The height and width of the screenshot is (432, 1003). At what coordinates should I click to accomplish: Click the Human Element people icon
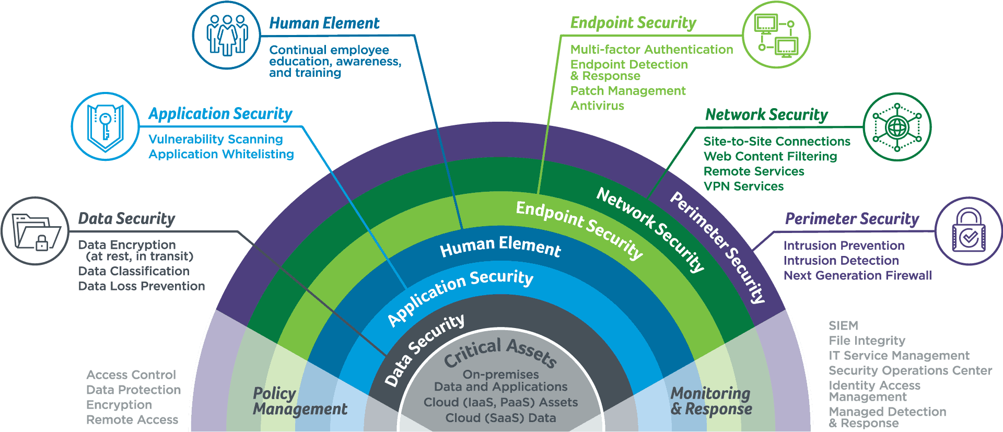pos(226,35)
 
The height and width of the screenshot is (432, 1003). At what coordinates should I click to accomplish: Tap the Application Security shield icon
pos(105,126)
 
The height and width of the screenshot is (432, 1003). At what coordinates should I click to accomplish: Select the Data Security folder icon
pos(35,231)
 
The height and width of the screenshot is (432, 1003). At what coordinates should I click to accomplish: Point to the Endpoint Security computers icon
pos(776,35)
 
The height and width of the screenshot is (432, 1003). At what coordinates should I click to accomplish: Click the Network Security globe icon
pos(897,127)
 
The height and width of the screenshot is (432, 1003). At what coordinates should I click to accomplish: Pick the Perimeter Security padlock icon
pos(969,231)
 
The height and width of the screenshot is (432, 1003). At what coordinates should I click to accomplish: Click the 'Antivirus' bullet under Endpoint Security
pos(597,106)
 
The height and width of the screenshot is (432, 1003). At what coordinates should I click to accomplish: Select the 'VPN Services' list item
pos(743,186)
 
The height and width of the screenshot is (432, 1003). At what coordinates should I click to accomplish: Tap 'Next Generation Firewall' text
pos(857,276)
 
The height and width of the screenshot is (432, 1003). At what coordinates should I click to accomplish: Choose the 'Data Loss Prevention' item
pos(142,286)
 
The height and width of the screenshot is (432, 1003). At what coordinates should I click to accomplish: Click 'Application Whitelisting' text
pos(221,154)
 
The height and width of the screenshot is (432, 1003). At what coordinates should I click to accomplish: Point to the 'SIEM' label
pos(843,325)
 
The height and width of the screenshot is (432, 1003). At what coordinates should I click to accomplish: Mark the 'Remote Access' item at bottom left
pos(132,420)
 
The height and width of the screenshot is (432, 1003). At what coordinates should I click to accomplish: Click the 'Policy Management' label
pos(299,401)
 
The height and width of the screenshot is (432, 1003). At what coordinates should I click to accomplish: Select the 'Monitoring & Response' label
pos(711,401)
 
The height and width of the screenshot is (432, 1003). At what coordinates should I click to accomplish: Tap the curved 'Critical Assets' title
pos(500,352)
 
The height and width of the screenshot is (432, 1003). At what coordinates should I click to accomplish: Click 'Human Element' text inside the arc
pos(500,246)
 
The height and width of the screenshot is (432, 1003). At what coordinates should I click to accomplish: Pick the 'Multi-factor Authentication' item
pos(651,50)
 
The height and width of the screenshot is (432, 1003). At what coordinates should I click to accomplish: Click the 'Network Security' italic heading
pos(766,114)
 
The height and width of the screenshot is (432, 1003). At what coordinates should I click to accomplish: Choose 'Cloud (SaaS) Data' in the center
pos(500,418)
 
